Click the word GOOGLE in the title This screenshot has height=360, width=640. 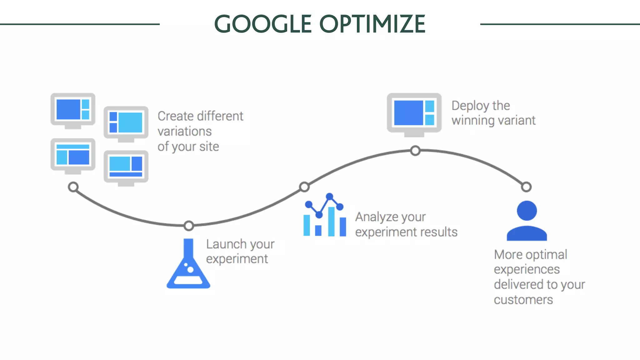coord(263,24)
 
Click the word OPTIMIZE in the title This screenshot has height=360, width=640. coord(372,24)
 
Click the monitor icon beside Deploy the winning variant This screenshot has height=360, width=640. coord(414,114)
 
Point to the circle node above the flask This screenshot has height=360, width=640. coord(189,226)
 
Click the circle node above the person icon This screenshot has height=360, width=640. coord(526,187)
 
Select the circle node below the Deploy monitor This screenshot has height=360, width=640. coord(415,151)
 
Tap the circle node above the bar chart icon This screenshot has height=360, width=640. coord(304,187)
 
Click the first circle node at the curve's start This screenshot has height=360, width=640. coord(73,187)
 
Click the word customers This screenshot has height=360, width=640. coord(523,300)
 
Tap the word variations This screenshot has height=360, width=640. coord(184,132)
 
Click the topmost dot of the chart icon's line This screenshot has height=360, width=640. coord(329,197)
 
